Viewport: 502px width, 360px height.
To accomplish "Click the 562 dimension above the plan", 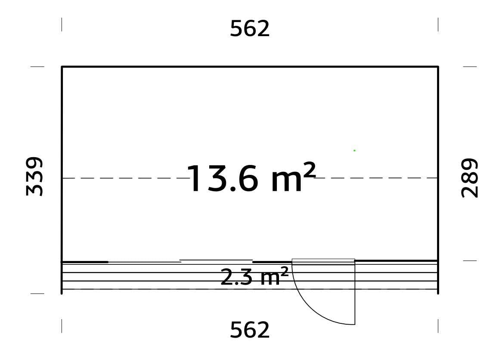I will pos(250,29).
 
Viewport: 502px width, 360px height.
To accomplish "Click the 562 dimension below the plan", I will pos(250,330).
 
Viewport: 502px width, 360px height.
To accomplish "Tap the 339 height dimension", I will pos(35,177).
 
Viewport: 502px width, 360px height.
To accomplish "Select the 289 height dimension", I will pos(470,178).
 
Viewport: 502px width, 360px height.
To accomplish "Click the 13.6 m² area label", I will pos(251,178).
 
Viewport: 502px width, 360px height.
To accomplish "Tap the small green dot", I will pos(354,150).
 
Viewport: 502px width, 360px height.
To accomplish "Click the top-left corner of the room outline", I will pos(62,67).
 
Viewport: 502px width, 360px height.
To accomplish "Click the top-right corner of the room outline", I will pos(438,67).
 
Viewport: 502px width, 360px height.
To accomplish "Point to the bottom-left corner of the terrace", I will pos(62,293).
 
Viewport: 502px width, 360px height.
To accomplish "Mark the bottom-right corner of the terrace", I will pos(438,293).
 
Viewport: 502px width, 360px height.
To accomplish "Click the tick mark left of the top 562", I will pos(62,25).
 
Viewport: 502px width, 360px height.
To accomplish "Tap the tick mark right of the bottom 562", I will pos(438,326).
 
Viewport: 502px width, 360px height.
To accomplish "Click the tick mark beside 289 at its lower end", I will pos(470,261).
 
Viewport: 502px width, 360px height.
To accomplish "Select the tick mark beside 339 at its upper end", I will pos(37,67).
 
